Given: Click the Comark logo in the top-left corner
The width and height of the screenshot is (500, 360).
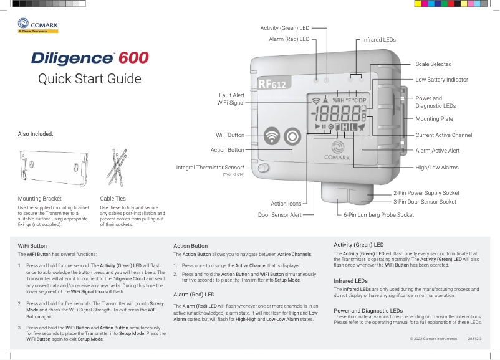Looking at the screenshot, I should [x=38, y=26].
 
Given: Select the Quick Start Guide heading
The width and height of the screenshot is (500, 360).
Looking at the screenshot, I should [x=90, y=79].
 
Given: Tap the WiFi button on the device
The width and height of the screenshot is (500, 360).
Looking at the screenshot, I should [x=271, y=136].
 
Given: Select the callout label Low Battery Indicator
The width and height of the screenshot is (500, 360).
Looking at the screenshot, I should [x=441, y=80].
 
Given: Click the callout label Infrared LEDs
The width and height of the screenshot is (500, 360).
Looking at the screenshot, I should [x=379, y=40].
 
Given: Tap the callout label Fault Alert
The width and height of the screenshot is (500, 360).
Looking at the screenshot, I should [x=230, y=95].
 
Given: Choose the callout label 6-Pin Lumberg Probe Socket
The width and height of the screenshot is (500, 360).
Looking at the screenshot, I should [x=378, y=215].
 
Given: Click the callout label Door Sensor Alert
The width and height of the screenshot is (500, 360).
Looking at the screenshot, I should [x=279, y=215].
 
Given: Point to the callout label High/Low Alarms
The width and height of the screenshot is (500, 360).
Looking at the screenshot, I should [x=437, y=168].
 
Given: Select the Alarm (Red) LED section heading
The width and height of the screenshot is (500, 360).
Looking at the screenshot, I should [x=194, y=294].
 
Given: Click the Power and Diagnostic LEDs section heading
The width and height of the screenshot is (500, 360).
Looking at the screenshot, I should [x=368, y=310].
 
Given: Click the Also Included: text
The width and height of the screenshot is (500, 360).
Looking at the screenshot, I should [x=36, y=134].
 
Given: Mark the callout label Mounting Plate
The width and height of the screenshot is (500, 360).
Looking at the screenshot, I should [x=435, y=119].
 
